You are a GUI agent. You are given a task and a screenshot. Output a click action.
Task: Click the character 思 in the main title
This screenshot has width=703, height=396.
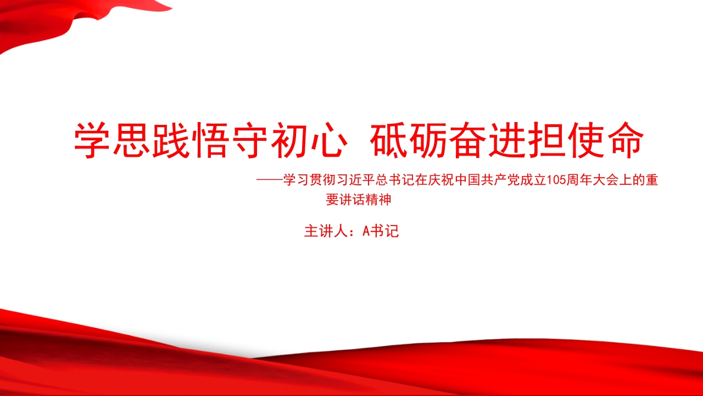[x=132, y=140]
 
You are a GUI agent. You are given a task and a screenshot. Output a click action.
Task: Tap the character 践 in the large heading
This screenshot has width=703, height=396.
[x=171, y=140]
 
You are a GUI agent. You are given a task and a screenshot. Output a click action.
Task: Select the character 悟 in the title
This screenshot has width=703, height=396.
[x=210, y=140]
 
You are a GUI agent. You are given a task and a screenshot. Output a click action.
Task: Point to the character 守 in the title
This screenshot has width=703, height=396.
[x=249, y=140]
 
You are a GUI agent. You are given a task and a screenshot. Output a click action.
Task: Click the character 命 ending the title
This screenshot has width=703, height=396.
[x=625, y=140]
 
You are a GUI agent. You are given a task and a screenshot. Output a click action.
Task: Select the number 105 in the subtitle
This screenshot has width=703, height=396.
[x=556, y=180]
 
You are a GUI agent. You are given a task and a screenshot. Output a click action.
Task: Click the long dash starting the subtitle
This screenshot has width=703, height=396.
[x=270, y=180]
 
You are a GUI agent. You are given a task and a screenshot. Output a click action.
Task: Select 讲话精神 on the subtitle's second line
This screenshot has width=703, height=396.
[x=366, y=200]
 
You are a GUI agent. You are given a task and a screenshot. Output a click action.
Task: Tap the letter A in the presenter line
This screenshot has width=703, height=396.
[x=366, y=232]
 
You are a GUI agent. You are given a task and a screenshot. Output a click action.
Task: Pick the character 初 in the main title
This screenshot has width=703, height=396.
[x=288, y=140]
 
